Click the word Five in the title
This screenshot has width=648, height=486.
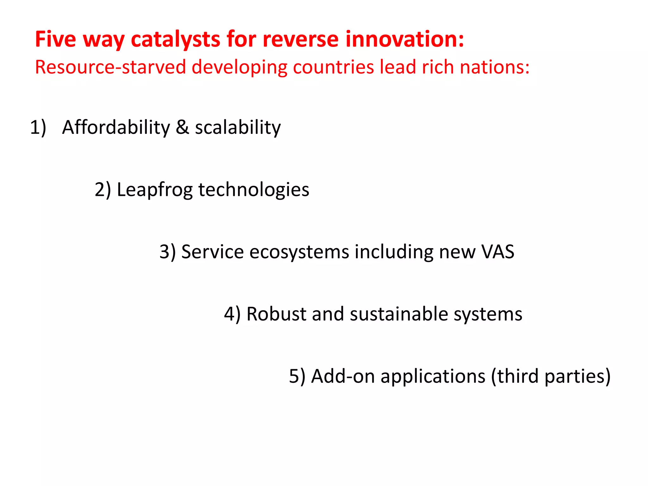point(55,39)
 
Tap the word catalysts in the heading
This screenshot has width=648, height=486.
point(175,39)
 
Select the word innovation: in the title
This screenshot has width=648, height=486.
point(405,39)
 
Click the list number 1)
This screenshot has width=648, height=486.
point(38,127)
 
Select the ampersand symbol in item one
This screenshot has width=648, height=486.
point(182,127)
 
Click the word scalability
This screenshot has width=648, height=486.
point(238,127)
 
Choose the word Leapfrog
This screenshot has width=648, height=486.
point(155,190)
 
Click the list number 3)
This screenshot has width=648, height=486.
point(167,252)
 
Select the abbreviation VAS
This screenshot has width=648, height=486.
point(498,252)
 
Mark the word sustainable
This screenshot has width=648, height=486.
point(399,314)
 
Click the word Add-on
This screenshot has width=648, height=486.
point(343,377)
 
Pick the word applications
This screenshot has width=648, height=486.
point(433,377)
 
